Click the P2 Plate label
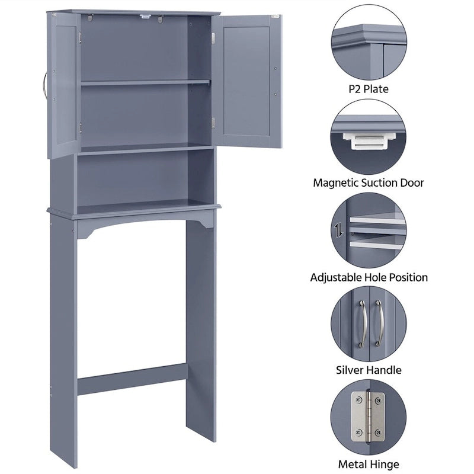coord(369,89)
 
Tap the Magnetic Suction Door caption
coord(369,183)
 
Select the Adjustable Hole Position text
coord(369,277)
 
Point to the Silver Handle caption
coord(369,370)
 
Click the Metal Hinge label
coord(369,464)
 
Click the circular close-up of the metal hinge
coord(369,417)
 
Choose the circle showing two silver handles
coord(369,324)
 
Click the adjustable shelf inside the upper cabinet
coord(145,83)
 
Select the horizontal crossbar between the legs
coord(132,380)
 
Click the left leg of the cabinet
coord(63,338)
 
